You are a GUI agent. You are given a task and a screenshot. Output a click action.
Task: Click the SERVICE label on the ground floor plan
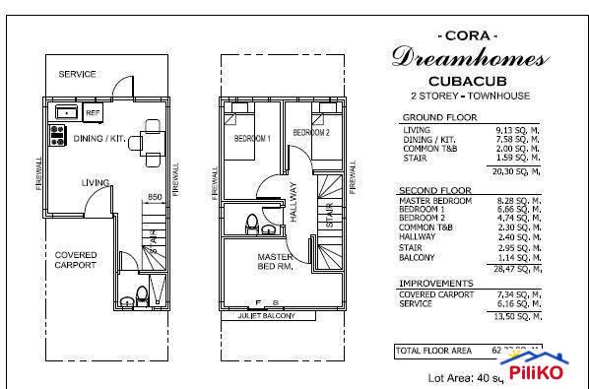tap(76, 75)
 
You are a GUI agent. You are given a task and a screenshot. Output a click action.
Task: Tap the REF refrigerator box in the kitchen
tap(94, 111)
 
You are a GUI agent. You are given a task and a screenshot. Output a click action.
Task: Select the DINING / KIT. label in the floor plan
tap(98, 139)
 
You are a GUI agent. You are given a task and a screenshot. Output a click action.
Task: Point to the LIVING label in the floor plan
tap(96, 183)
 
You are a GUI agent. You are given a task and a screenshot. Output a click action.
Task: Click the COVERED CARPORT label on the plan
tap(75, 260)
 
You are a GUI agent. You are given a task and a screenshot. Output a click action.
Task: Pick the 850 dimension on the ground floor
tap(154, 197)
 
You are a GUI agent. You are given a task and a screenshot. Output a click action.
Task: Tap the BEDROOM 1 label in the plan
tap(251, 140)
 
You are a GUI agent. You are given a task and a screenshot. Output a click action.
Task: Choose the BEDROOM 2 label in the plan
tap(310, 132)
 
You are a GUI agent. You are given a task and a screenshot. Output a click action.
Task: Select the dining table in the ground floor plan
tap(151, 139)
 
